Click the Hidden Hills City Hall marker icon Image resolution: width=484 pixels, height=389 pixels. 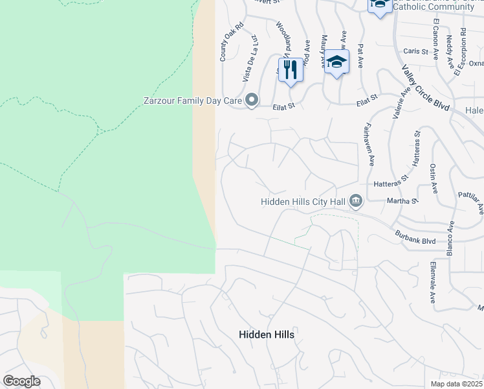[x=355, y=202]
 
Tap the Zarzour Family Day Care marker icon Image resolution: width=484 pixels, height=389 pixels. [x=251, y=100]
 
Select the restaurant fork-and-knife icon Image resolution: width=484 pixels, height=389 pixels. [x=291, y=68]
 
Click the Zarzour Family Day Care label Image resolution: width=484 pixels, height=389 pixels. [x=192, y=100]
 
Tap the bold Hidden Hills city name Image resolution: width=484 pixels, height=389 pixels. [x=266, y=335]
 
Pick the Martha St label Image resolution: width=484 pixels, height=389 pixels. [x=402, y=202]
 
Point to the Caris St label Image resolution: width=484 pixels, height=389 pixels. [x=412, y=51]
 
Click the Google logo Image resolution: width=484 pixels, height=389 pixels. [x=21, y=381]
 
